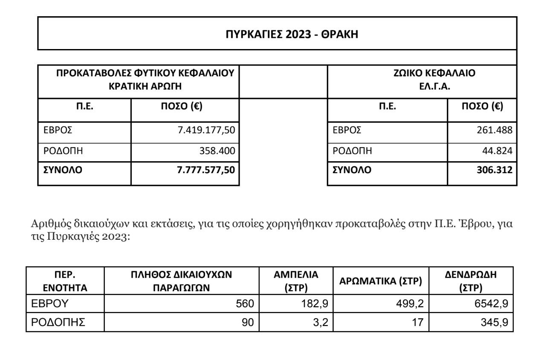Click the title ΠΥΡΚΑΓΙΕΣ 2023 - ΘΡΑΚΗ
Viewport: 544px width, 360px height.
point(292,35)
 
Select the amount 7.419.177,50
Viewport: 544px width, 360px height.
point(206,131)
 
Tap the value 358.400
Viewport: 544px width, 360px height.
point(218,151)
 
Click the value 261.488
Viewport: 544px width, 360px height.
point(495,131)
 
